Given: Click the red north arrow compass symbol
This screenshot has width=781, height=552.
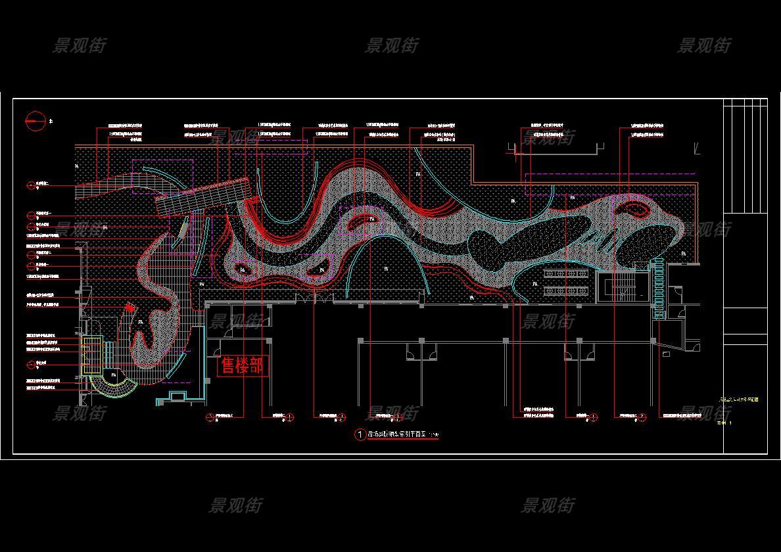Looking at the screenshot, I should tap(35, 121).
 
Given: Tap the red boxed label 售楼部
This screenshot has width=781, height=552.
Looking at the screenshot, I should tap(243, 366).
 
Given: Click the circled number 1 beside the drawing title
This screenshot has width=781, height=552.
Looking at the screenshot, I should tap(360, 435).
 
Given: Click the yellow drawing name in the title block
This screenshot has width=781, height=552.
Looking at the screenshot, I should tap(739, 400).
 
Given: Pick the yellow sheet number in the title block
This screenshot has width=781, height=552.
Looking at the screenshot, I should tap(725, 423).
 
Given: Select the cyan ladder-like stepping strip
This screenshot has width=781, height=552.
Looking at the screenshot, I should tap(658, 288).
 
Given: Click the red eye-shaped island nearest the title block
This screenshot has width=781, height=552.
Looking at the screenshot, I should tap(635, 210).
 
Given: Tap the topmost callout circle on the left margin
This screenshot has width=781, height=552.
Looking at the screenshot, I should tap(31, 186).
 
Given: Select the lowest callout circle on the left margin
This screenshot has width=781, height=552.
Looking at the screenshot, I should tap(31, 364).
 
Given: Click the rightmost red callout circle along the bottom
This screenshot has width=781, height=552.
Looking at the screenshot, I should tap(642, 417).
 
